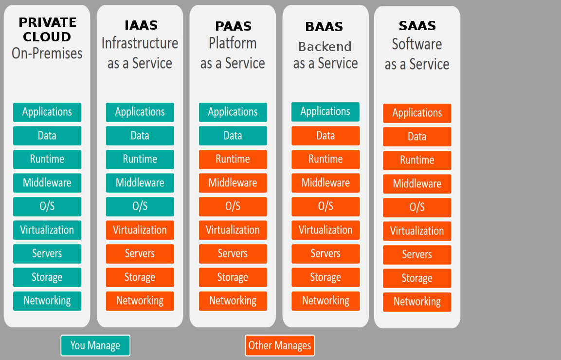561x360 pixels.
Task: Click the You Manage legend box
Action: [x=95, y=345]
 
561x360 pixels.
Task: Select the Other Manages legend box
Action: [x=280, y=345]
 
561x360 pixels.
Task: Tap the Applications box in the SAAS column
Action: [x=417, y=113]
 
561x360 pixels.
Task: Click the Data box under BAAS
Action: [x=326, y=136]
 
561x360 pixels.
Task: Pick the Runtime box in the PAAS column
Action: [x=233, y=159]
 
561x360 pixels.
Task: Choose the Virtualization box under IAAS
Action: [x=140, y=230]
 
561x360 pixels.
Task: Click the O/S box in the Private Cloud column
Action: [x=47, y=206]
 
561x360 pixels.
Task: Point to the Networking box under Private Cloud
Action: [x=47, y=301]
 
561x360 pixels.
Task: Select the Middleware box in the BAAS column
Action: [x=326, y=183]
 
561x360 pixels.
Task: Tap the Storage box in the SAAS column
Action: [x=417, y=278]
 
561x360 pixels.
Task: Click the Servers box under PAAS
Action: [x=233, y=253]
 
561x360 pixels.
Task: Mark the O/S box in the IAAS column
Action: [x=140, y=206]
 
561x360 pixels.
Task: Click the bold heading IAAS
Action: [x=141, y=25]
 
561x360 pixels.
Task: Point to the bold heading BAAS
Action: [x=324, y=27]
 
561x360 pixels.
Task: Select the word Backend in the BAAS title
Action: [x=325, y=47]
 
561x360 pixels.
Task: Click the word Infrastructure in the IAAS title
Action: [x=140, y=43]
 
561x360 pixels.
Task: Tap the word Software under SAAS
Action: [x=417, y=44]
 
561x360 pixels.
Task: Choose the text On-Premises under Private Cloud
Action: [x=47, y=53]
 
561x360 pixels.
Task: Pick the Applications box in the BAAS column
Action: [x=326, y=111]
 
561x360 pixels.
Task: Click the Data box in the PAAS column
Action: [x=233, y=136]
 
